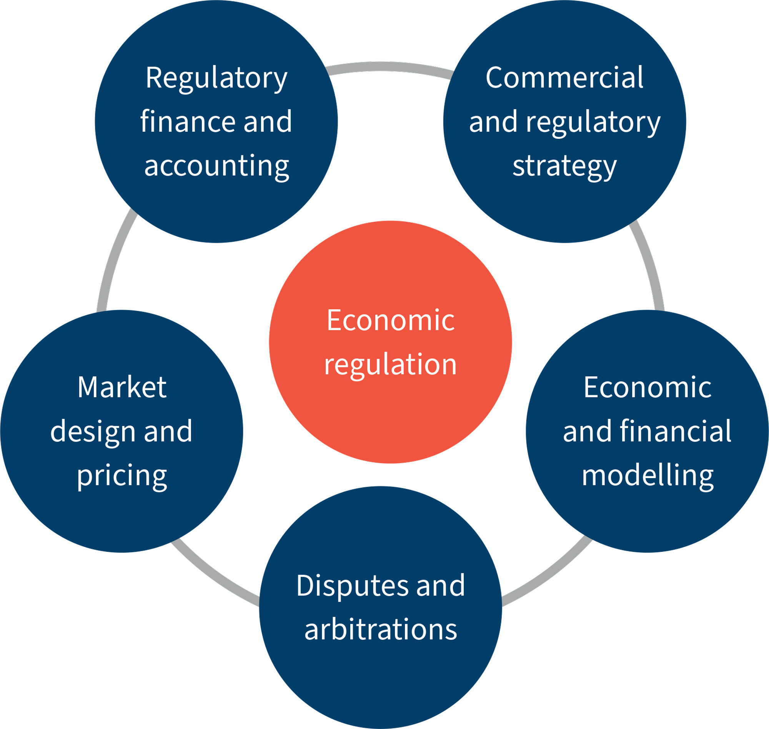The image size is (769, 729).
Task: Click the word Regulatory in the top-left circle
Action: [x=216, y=78]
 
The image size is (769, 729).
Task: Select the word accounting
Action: [x=216, y=166]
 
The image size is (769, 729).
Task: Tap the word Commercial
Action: [x=564, y=78]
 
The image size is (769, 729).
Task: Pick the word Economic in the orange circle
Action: [x=390, y=320]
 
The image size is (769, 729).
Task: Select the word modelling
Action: [x=647, y=476]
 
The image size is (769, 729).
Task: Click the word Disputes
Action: [x=352, y=585]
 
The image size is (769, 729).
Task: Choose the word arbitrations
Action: [x=381, y=629]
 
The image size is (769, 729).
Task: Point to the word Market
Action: [x=122, y=387]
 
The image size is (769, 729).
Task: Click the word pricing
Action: [x=122, y=477]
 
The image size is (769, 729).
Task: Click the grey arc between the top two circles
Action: [x=390, y=66]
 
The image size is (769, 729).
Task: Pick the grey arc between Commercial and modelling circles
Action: [x=649, y=264]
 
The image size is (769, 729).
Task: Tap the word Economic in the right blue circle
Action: [x=647, y=387]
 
